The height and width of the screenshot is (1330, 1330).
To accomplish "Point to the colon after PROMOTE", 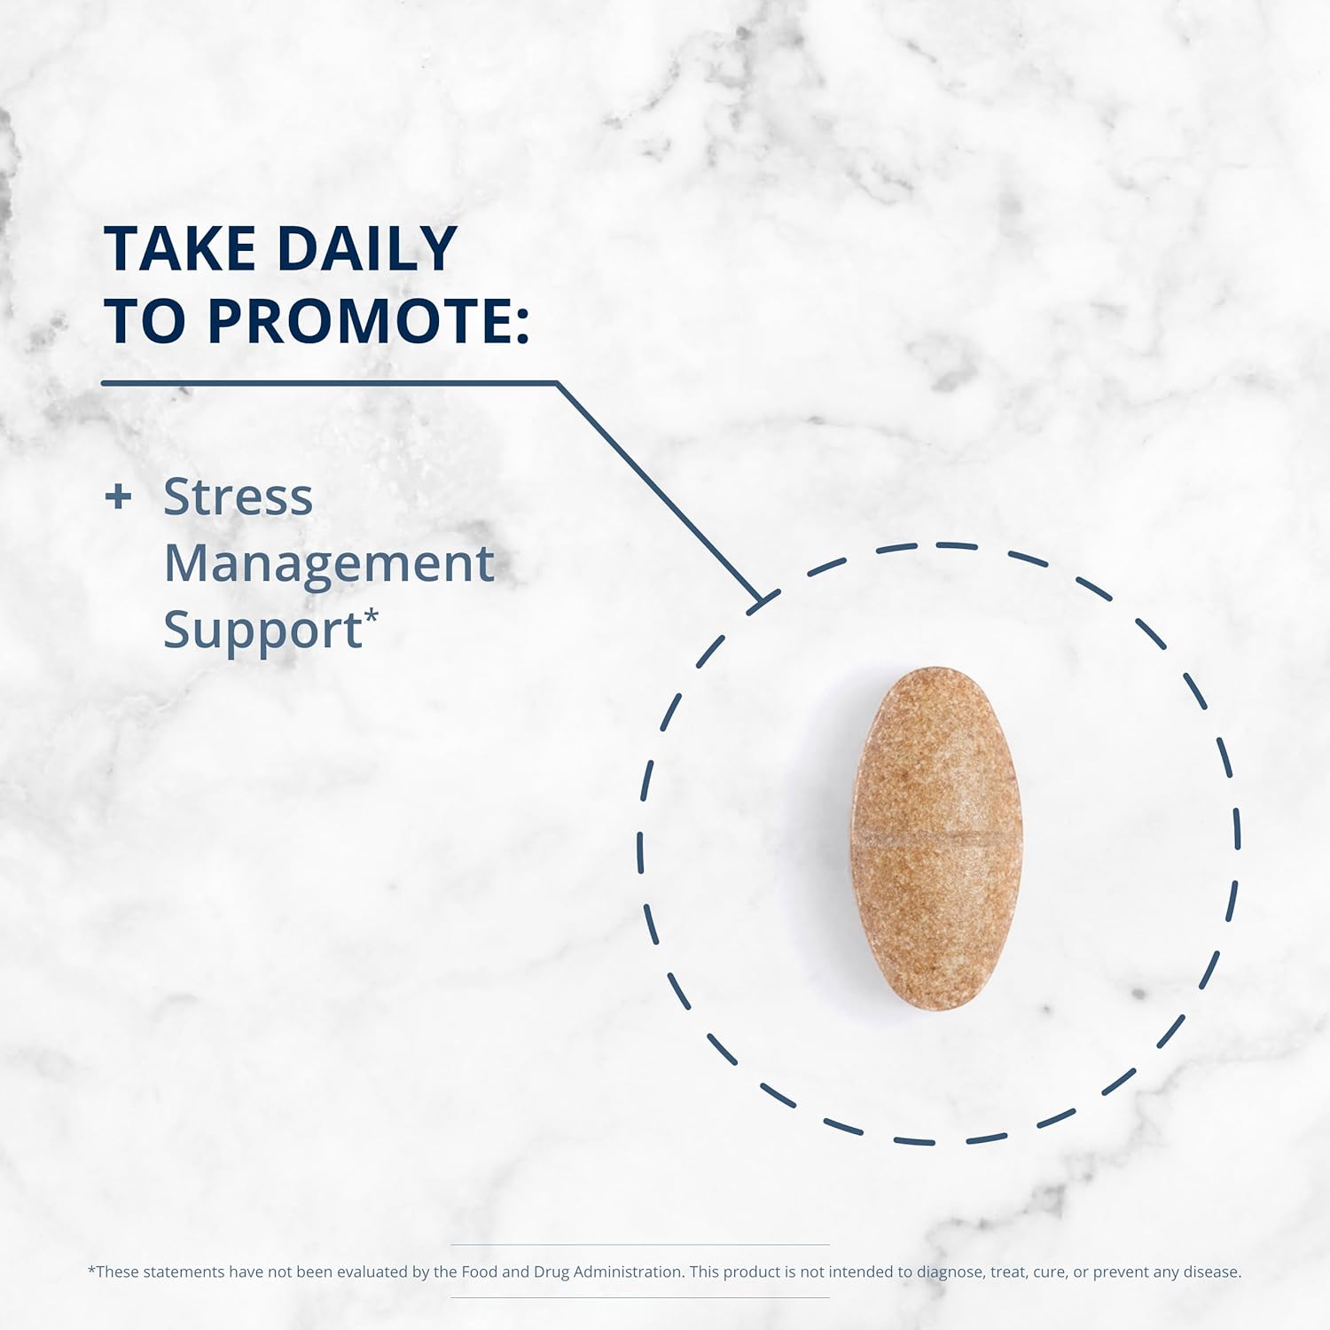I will [521, 324].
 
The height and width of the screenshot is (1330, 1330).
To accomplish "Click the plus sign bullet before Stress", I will [118, 497].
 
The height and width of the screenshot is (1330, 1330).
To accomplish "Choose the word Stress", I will [238, 497].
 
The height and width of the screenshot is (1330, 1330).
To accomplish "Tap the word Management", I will [328, 564].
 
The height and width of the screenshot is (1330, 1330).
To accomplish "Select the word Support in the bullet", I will [262, 631].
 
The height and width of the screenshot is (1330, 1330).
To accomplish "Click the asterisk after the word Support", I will [372, 614].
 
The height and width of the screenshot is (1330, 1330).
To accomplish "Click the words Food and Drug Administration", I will [573, 1271].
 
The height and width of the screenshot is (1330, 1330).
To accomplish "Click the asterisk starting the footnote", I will [91, 1271].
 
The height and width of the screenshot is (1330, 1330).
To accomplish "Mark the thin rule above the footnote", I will [639, 1245].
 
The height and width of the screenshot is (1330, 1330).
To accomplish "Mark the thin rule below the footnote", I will [639, 1297].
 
